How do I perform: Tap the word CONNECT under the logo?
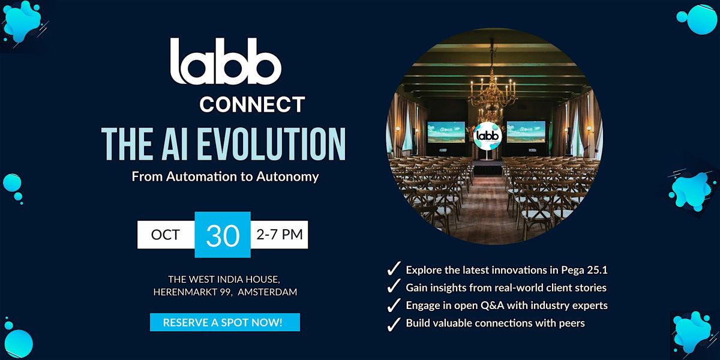(252, 104)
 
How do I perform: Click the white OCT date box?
(166, 235)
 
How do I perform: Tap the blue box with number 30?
(223, 235)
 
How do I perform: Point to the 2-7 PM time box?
(280, 235)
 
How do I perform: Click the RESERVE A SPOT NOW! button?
(224, 322)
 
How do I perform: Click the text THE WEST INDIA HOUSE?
(223, 279)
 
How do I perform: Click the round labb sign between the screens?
(487, 136)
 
